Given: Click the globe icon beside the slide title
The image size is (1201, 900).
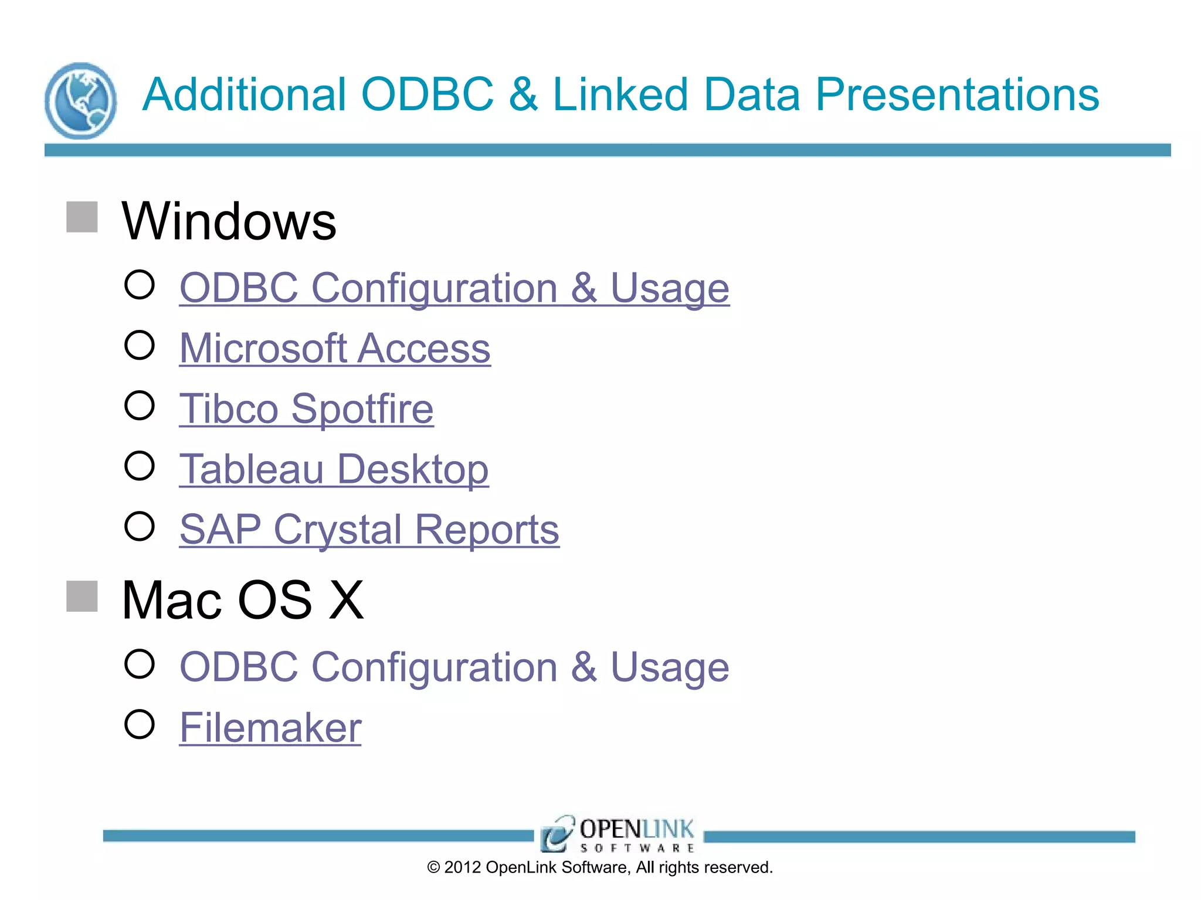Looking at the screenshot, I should click(81, 101).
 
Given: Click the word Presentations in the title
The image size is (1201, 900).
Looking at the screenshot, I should click(957, 95).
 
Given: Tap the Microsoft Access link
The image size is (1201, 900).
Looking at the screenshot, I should click(335, 349).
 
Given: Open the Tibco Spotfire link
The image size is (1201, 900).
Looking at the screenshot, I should click(306, 409).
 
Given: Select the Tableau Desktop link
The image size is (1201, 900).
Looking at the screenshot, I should click(334, 469).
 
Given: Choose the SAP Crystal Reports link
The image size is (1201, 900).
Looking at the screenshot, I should click(369, 530).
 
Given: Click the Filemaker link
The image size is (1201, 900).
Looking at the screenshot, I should click(270, 728).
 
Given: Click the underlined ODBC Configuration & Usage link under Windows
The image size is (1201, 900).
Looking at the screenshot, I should click(454, 288).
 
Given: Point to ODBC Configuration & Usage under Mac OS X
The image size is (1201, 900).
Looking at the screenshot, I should click(454, 667).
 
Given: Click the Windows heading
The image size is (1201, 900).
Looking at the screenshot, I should click(229, 221).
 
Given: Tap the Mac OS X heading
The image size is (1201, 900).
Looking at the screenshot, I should click(243, 601).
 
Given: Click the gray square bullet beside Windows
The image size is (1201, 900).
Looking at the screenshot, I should click(82, 217).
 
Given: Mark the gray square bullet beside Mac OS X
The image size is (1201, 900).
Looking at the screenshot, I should click(82, 596).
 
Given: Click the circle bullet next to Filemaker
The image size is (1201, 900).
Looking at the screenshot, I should click(140, 724).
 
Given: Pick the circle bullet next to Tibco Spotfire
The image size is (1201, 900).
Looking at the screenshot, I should click(140, 405).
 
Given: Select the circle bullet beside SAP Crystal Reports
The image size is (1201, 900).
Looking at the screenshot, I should click(140, 526).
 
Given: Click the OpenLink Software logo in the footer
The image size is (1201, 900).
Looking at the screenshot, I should click(618, 834).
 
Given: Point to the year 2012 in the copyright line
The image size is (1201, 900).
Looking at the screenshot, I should click(463, 868).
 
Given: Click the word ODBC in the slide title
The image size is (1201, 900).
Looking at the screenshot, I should click(428, 95).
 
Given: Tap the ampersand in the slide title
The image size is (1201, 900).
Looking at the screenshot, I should click(523, 95).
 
